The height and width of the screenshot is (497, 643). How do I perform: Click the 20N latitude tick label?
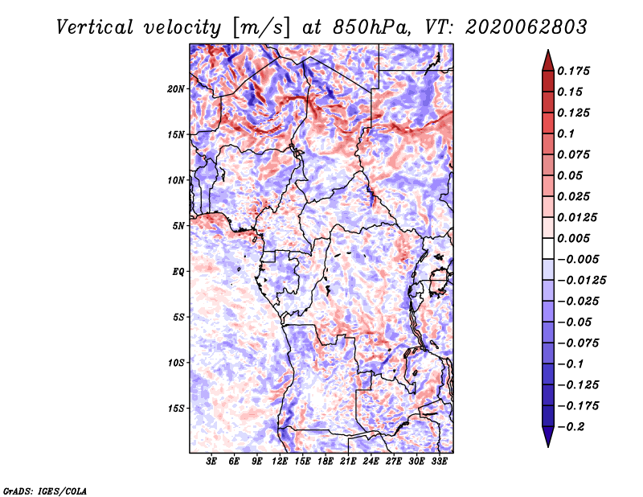(176, 89)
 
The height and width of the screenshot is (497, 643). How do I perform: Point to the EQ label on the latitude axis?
(178, 272)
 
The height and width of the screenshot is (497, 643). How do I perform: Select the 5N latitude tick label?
(178, 226)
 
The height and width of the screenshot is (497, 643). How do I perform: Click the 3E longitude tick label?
(211, 462)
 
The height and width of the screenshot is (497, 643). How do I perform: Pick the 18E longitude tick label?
(326, 462)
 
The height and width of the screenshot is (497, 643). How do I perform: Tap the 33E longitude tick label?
(439, 462)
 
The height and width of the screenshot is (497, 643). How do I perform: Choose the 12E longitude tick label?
(280, 462)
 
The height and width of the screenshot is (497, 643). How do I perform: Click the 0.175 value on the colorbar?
(573, 71)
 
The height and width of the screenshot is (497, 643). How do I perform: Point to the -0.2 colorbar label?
(571, 427)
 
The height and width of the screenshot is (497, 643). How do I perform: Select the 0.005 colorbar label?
(573, 238)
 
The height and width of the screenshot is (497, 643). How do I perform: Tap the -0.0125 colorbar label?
(581, 281)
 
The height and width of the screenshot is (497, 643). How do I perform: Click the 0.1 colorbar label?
(566, 133)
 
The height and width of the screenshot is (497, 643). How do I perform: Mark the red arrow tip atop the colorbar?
(548, 50)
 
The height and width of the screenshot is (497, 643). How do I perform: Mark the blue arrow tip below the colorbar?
(548, 446)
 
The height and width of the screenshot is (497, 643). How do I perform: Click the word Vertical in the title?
(95, 27)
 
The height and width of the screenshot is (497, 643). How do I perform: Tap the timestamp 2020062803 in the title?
(526, 27)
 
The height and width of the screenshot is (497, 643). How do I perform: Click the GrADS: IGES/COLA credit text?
(45, 491)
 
